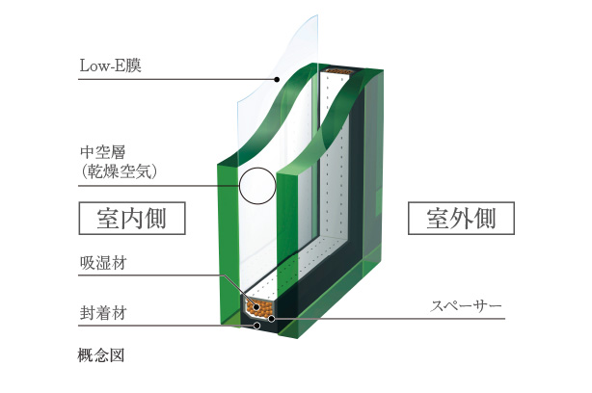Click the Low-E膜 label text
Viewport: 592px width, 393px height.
point(110,65)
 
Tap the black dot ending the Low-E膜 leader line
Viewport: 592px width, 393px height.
point(277,80)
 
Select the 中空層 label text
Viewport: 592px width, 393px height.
point(102,152)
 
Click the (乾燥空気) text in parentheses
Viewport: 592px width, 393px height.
point(119,171)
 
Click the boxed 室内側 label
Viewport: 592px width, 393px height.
point(132,219)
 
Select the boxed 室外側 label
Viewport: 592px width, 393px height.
point(461,219)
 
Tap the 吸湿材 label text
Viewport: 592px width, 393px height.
point(103,263)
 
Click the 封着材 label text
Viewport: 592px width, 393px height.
point(103,313)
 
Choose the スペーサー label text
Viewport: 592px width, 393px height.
point(466,306)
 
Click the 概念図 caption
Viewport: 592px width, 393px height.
point(101,354)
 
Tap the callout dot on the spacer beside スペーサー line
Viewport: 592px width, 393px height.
point(271,319)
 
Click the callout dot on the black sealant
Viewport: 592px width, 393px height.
point(256,326)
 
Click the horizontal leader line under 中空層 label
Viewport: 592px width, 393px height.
point(158,186)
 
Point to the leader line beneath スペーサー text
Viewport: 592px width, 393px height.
point(389,319)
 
